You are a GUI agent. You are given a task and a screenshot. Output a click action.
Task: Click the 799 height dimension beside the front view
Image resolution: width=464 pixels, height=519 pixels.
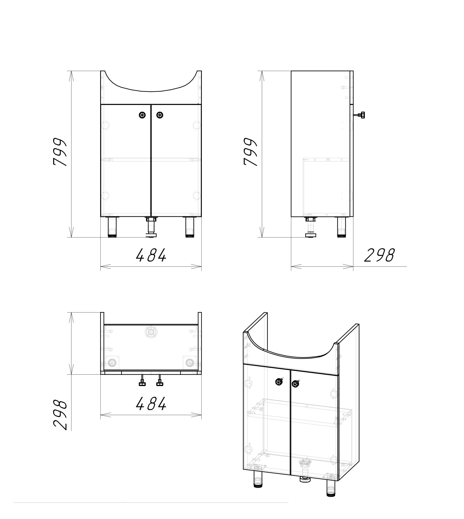pos(60,152)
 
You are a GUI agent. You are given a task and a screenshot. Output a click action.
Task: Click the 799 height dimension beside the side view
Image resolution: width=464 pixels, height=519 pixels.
pos(251,152)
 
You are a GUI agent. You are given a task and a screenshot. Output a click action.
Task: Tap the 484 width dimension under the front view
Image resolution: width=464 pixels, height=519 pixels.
pos(151,255)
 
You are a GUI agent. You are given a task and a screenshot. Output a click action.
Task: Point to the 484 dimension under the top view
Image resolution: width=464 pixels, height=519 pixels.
pos(151,404)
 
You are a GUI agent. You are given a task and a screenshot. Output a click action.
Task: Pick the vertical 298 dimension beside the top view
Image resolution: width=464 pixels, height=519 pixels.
pos(60,415)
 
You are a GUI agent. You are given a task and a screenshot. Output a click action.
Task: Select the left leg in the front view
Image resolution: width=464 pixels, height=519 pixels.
pos(112,227)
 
